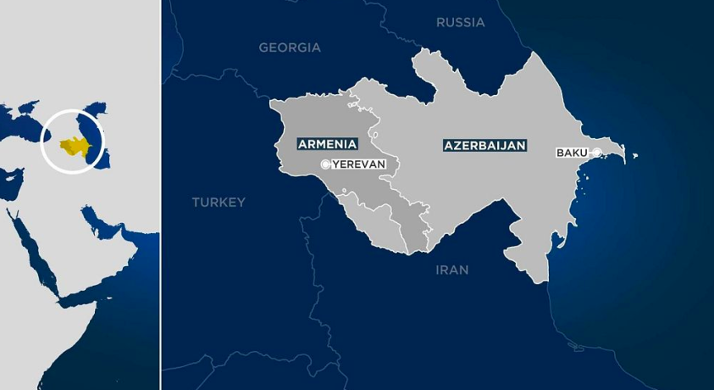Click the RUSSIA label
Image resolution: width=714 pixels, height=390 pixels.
(x=460, y=22)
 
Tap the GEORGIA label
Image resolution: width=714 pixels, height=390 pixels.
(x=290, y=47)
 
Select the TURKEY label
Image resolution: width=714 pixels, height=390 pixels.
(x=219, y=202)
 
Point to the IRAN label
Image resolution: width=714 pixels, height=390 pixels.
(x=451, y=270)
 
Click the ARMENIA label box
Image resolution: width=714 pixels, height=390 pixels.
(x=327, y=144)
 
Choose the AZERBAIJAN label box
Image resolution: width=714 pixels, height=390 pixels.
(x=484, y=145)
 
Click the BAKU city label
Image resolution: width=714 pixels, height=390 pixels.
(x=573, y=153)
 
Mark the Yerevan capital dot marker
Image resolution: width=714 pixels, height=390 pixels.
(x=326, y=164)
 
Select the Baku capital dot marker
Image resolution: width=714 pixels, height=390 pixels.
(x=597, y=153)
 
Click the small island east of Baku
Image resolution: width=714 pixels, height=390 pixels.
(x=634, y=156)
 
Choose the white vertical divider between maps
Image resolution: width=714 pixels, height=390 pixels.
(x=160, y=195)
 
